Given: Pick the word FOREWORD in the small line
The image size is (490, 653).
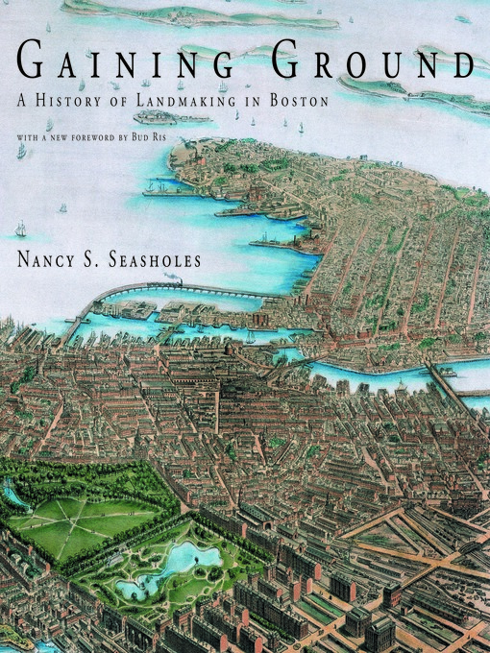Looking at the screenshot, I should tap(127, 136).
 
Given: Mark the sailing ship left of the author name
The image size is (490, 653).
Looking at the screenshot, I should tap(20, 229).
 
